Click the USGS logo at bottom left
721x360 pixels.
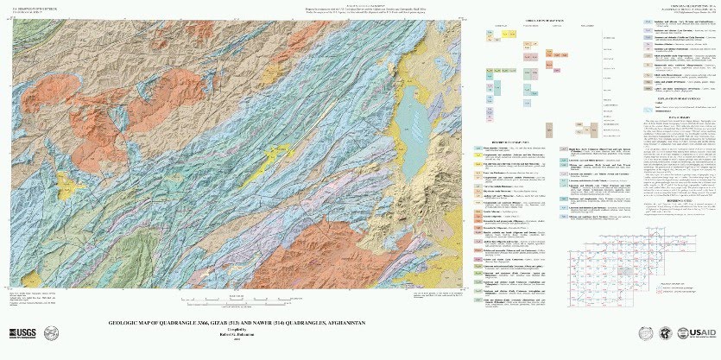(24, 334)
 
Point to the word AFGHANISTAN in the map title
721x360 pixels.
(344, 322)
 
